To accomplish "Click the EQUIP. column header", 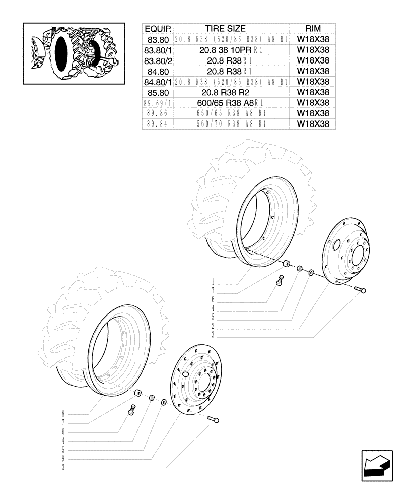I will (158, 28).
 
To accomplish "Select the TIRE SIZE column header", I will (232, 28).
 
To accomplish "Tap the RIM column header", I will (313, 28).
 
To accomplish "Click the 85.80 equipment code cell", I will (158, 92).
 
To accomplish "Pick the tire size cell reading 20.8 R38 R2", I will (232, 92).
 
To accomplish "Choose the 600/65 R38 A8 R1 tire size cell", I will (232, 103).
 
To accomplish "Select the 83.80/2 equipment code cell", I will (158, 60).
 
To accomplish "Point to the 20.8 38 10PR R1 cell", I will (232, 50).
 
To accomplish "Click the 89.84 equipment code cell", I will (158, 124).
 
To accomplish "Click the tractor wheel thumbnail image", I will (74, 52).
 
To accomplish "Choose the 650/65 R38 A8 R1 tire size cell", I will (232, 113).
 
